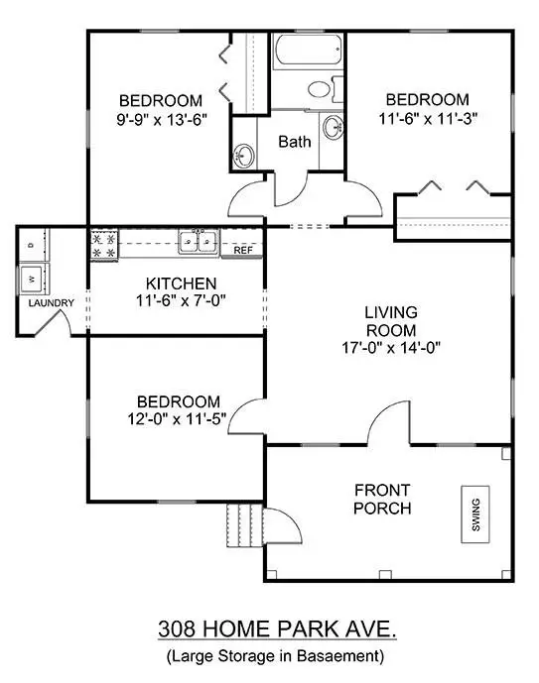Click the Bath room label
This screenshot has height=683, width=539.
[x=294, y=142]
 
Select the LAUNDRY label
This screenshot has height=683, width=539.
[x=50, y=302]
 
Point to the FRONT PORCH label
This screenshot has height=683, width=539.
[x=382, y=500]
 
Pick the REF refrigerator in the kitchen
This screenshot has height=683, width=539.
[x=243, y=250]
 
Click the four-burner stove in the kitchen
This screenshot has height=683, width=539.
[x=103, y=245]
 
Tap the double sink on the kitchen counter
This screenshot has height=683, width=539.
[x=200, y=241]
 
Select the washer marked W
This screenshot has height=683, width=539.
[x=31, y=277]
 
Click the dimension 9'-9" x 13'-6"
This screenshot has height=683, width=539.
[x=160, y=118]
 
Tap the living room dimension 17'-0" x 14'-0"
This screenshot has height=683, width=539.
[x=390, y=347]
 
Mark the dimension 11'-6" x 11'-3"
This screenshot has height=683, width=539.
[x=427, y=117]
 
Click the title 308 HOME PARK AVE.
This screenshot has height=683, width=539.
[x=270, y=628]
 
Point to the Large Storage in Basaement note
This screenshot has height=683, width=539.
[x=270, y=655]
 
